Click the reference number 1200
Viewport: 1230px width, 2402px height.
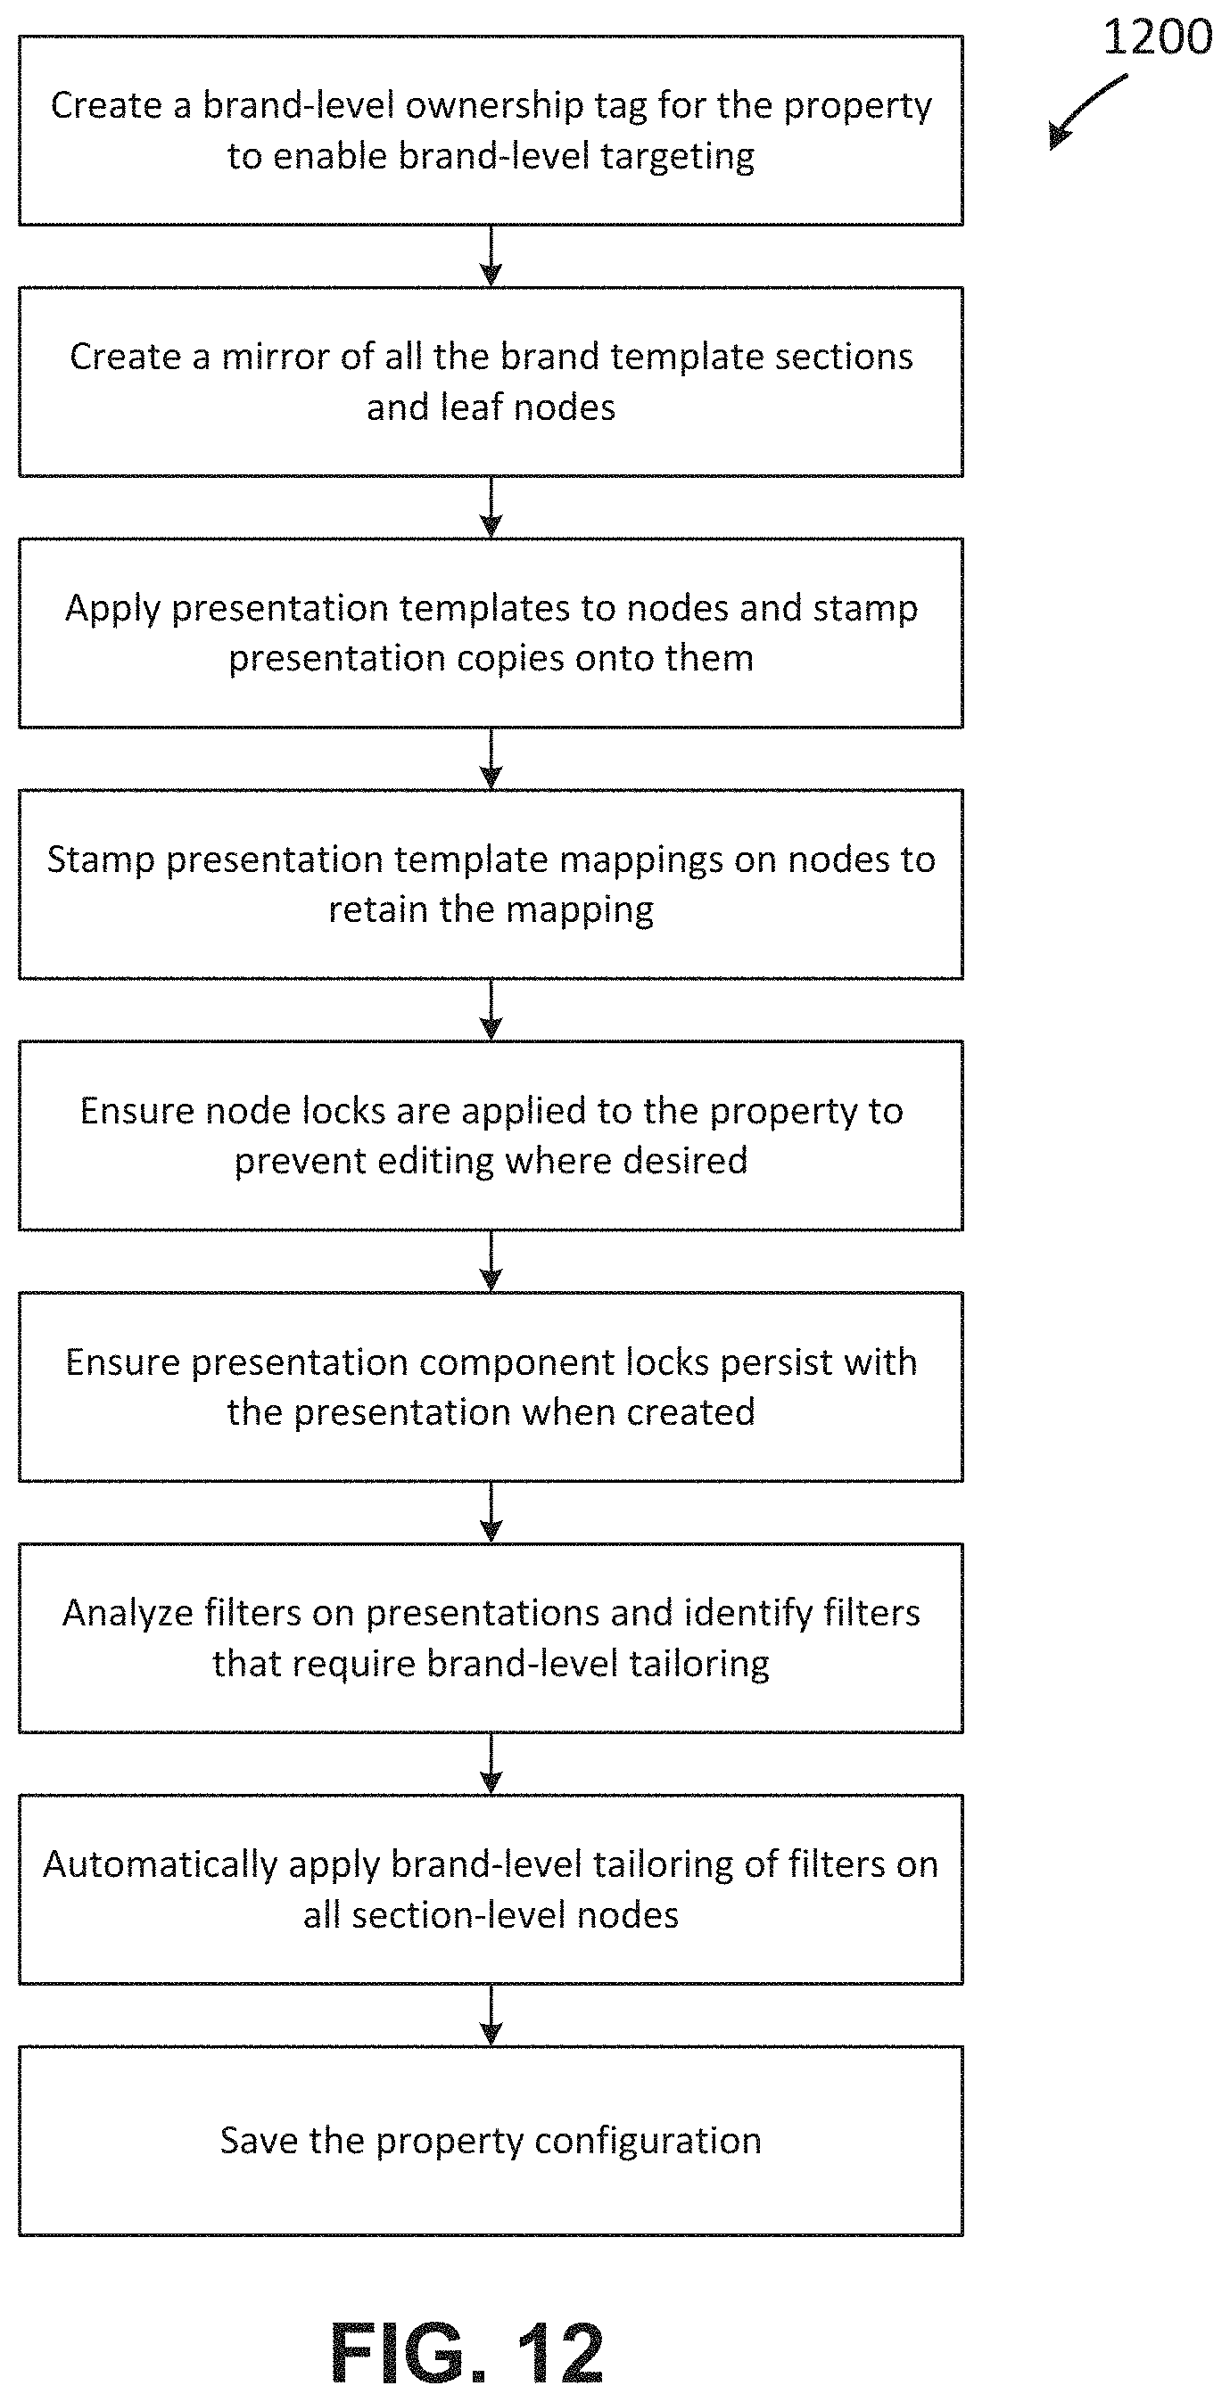point(1157,37)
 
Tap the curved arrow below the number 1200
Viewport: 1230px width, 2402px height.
point(1086,109)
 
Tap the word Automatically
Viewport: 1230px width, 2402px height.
point(161,1865)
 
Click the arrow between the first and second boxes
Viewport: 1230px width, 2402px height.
point(491,256)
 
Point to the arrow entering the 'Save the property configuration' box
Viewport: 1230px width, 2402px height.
point(491,2014)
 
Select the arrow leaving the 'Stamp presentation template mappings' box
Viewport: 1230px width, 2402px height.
point(491,1010)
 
